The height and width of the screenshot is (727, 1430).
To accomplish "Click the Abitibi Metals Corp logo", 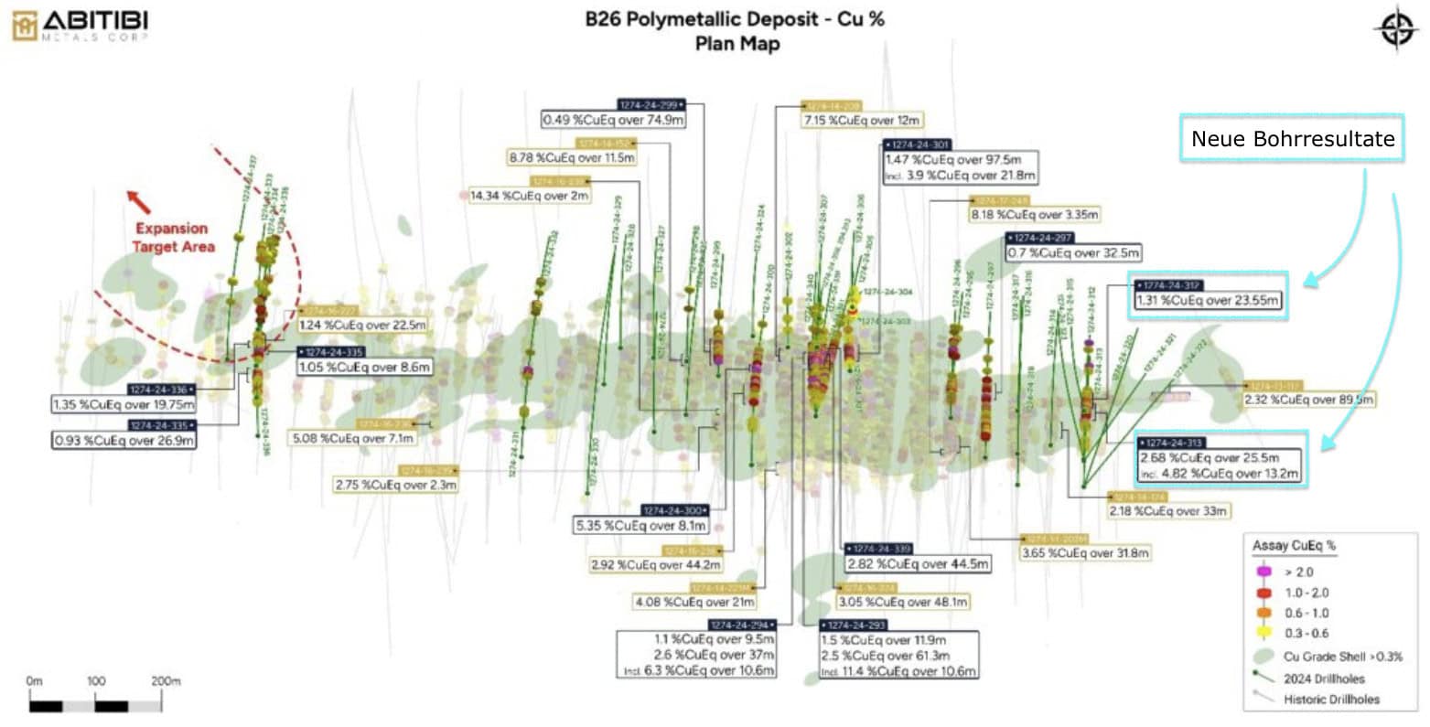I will (x=81, y=25).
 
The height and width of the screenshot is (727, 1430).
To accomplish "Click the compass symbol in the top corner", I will (x=1395, y=29).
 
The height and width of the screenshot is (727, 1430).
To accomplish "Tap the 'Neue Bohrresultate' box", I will (x=1292, y=139).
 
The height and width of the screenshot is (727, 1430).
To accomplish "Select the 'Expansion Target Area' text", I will (x=173, y=238).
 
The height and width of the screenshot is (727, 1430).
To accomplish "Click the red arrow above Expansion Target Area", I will (x=139, y=201).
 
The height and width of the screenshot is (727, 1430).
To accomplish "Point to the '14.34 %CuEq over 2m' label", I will (x=530, y=196).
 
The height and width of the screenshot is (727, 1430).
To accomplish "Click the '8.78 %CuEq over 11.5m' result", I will (x=572, y=157).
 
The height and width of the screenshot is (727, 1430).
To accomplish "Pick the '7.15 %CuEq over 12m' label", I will (x=863, y=120).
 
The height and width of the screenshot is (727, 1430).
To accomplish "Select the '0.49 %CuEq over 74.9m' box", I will (x=614, y=120).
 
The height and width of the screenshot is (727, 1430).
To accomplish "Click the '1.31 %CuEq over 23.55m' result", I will (x=1208, y=300).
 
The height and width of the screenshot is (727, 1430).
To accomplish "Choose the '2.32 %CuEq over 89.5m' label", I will (x=1308, y=400).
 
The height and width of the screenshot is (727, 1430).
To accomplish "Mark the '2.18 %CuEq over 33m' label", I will (x=1167, y=511).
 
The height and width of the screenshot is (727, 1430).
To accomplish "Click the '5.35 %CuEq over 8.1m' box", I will (x=640, y=526).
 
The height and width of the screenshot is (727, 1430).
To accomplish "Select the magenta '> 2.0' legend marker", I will (x=1264, y=572).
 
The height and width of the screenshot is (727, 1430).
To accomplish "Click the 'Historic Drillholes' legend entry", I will (x=1331, y=700).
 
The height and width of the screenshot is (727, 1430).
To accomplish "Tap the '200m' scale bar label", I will (x=165, y=681).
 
